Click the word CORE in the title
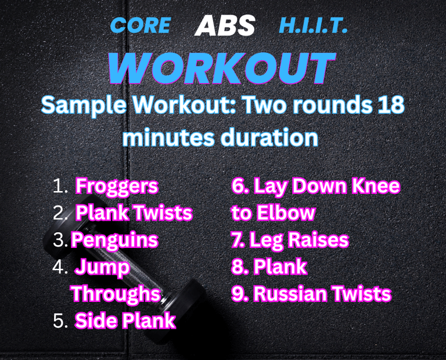[141, 26]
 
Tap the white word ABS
[225, 26]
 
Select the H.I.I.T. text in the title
[313, 26]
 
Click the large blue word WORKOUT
[222, 68]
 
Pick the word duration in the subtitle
[269, 138]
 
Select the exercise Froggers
[117, 187]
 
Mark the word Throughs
[116, 294]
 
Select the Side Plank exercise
[125, 320]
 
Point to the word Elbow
[286, 213]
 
